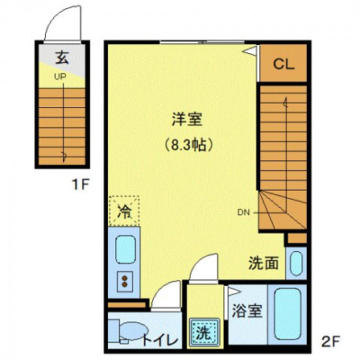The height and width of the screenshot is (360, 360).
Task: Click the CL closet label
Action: click(283, 64)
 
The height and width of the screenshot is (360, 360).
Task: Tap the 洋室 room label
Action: click(186, 119)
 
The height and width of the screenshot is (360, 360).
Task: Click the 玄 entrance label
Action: click(62, 56)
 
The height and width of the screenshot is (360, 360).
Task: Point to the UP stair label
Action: click(60, 77)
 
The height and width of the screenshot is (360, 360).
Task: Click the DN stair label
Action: click(243, 213)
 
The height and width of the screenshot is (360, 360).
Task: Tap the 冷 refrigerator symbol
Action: click(125, 213)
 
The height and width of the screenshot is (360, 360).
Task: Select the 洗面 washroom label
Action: click(263, 262)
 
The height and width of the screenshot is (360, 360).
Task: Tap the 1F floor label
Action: click(78, 184)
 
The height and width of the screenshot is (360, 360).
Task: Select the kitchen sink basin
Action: click(126, 250)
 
